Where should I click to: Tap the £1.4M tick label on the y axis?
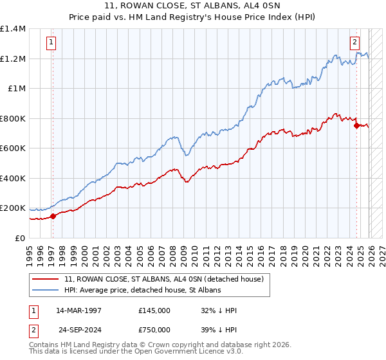[13, 29]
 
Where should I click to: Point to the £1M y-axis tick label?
[16, 89]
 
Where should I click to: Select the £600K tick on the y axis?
[13, 148]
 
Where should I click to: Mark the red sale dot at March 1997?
[53, 216]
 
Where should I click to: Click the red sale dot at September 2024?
[356, 126]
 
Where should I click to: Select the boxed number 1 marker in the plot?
[51, 43]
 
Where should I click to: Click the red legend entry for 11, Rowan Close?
[164, 279]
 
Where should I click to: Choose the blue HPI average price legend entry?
[142, 291]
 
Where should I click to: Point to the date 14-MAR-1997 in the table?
[78, 310]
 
